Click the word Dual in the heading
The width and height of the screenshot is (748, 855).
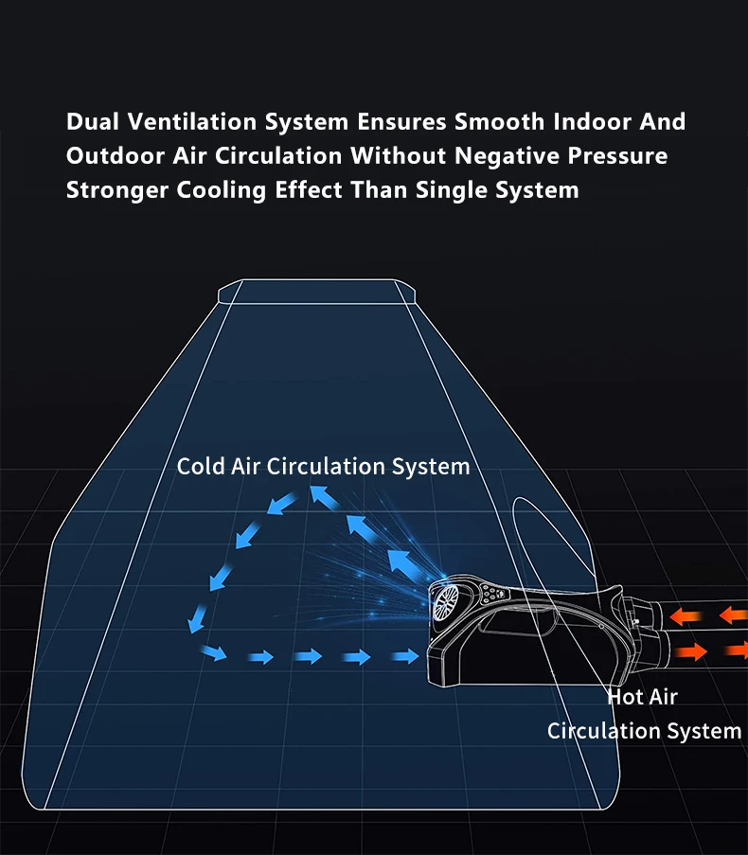[x=92, y=122]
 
